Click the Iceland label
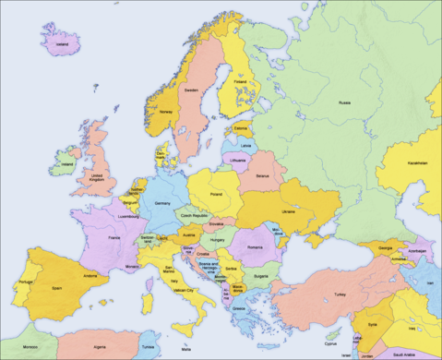point(63,43)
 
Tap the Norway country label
point(167,112)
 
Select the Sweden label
point(191,90)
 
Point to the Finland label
point(240,81)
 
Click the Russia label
point(344,102)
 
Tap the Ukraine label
point(289,211)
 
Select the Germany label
point(163,202)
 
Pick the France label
point(114,238)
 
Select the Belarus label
point(263,175)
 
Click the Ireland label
point(66,165)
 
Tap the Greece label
point(239,308)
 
